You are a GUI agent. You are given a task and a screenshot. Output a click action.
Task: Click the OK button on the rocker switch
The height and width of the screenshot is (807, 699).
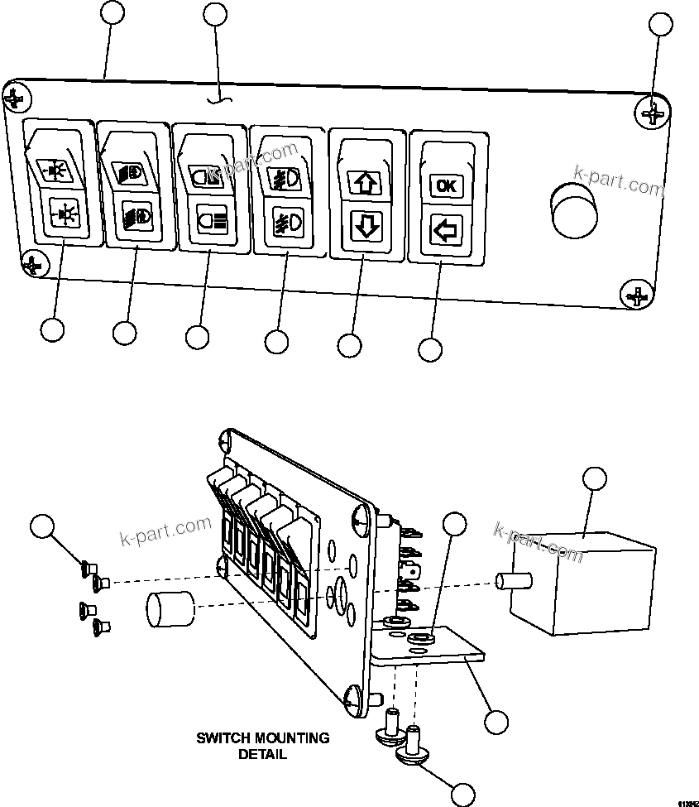tap(445, 186)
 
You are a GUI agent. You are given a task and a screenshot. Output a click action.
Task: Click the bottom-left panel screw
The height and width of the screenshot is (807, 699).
tap(33, 265)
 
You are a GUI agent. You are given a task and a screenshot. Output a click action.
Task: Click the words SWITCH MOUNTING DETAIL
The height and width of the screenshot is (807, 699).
tap(262, 745)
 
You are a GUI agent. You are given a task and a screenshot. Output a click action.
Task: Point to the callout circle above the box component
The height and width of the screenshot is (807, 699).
tap(594, 478)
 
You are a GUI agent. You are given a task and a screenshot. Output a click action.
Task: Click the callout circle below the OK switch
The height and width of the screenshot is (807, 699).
tap(430, 349)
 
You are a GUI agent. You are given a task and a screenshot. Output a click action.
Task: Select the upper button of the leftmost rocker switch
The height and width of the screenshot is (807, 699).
tap(55, 166)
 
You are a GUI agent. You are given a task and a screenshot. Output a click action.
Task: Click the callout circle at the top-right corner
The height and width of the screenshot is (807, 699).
tap(660, 25)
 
